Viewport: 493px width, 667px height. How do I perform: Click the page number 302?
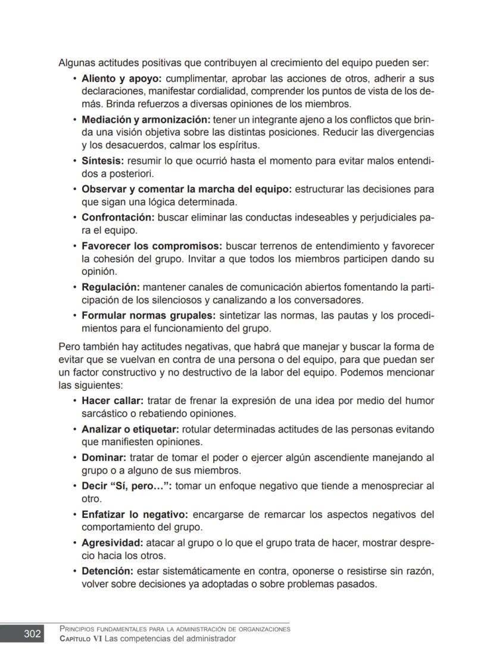point(32,634)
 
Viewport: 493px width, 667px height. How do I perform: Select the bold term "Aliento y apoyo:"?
point(121,79)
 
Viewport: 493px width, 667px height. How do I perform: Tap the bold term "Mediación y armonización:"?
point(146,119)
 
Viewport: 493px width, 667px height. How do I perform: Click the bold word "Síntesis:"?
point(102,161)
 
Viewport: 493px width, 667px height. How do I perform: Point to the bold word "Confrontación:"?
point(118,218)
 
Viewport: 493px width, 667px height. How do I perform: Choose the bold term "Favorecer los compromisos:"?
point(151,246)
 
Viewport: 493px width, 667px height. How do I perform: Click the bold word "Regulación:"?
point(111,287)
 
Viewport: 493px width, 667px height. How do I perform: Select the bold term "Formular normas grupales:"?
point(148,315)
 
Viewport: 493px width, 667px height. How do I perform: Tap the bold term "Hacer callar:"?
point(113,401)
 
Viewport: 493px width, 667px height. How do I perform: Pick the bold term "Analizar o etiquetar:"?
point(130,429)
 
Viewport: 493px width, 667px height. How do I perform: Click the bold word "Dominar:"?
point(104,458)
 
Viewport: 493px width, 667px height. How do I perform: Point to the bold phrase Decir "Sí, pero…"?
point(127,486)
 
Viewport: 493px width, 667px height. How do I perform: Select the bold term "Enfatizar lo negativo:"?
point(135,514)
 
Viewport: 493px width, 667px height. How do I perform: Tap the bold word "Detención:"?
point(108,571)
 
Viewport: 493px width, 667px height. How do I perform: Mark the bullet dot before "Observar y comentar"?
point(74,190)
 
